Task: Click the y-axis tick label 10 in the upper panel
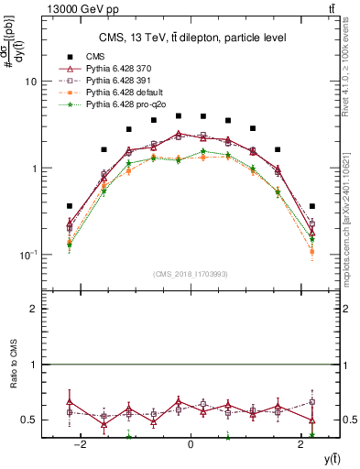click(x=30, y=82)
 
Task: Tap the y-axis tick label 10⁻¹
click(x=27, y=255)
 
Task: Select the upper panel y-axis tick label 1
click(x=33, y=169)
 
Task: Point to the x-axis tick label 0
click(x=191, y=445)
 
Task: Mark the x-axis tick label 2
click(x=300, y=445)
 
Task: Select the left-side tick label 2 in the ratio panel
click(x=33, y=310)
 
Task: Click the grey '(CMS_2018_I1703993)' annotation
click(x=191, y=274)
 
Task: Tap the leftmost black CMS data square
click(x=70, y=206)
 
